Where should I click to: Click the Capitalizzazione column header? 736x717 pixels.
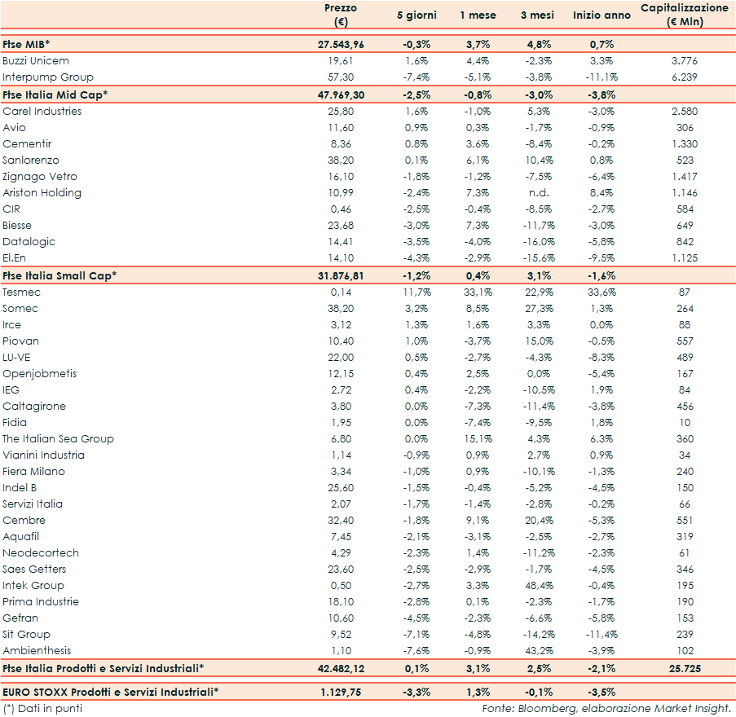(684, 15)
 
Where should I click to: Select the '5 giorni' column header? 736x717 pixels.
(416, 15)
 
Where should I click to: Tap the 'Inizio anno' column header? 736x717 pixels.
(602, 15)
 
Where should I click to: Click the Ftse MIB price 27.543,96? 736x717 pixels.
(341, 44)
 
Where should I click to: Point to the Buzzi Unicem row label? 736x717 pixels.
(36, 60)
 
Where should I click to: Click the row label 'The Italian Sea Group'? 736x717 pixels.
(58, 438)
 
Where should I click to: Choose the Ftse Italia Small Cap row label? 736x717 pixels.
(59, 275)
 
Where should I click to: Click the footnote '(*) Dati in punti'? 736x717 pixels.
(42, 708)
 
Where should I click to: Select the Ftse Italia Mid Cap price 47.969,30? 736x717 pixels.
(341, 95)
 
